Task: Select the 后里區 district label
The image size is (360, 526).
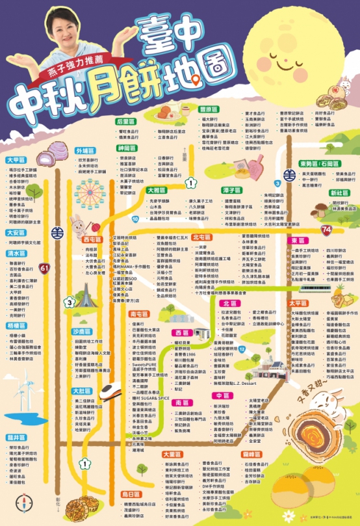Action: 124,121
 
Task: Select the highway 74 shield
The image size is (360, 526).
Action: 326,229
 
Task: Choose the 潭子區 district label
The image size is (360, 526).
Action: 231,190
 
